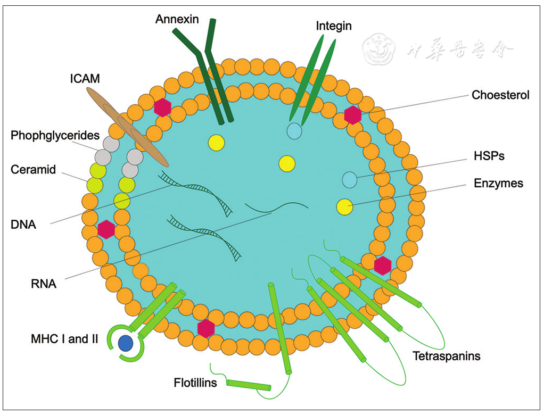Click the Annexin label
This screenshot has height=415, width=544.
pyautogui.click(x=177, y=20)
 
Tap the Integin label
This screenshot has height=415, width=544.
pyautogui.click(x=334, y=26)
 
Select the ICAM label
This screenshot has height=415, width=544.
pyautogui.click(x=85, y=79)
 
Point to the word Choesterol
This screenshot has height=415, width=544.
pyautogui.click(x=500, y=95)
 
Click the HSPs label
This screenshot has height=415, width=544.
pyautogui.click(x=489, y=156)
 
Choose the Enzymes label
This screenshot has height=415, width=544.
pyautogui.click(x=498, y=184)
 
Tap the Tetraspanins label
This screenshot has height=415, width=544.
pyautogui.click(x=447, y=356)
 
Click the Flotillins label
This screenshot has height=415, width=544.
pyautogui.click(x=195, y=382)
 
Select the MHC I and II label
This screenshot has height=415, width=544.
pyautogui.click(x=64, y=339)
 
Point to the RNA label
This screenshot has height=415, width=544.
pyautogui.click(x=44, y=284)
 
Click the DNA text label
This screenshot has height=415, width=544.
pyautogui.click(x=23, y=225)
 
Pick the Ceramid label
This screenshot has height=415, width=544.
pyautogui.click(x=33, y=170)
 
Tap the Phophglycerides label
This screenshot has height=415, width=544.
pyautogui.click(x=55, y=136)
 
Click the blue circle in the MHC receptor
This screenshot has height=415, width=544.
pyautogui.click(x=125, y=343)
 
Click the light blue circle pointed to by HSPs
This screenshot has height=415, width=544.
pyautogui.click(x=350, y=180)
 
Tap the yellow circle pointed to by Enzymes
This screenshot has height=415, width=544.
pyautogui.click(x=344, y=206)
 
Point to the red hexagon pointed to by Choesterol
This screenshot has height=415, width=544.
pyautogui.click(x=352, y=114)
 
